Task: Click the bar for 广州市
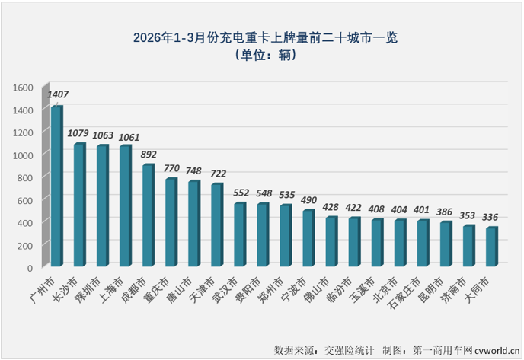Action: pyautogui.click(x=56, y=186)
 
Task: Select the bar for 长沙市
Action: pyautogui.click(x=79, y=204)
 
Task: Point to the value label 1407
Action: pyautogui.click(x=59, y=95)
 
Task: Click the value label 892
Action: pyautogui.click(x=150, y=155)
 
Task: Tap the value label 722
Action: pyautogui.click(x=219, y=174)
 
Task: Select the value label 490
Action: pyautogui.click(x=310, y=200)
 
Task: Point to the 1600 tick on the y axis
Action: pyautogui.click(x=23, y=88)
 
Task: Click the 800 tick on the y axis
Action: pyautogui.click(x=25, y=177)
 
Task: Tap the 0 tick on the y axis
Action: pyautogui.click(x=30, y=267)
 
